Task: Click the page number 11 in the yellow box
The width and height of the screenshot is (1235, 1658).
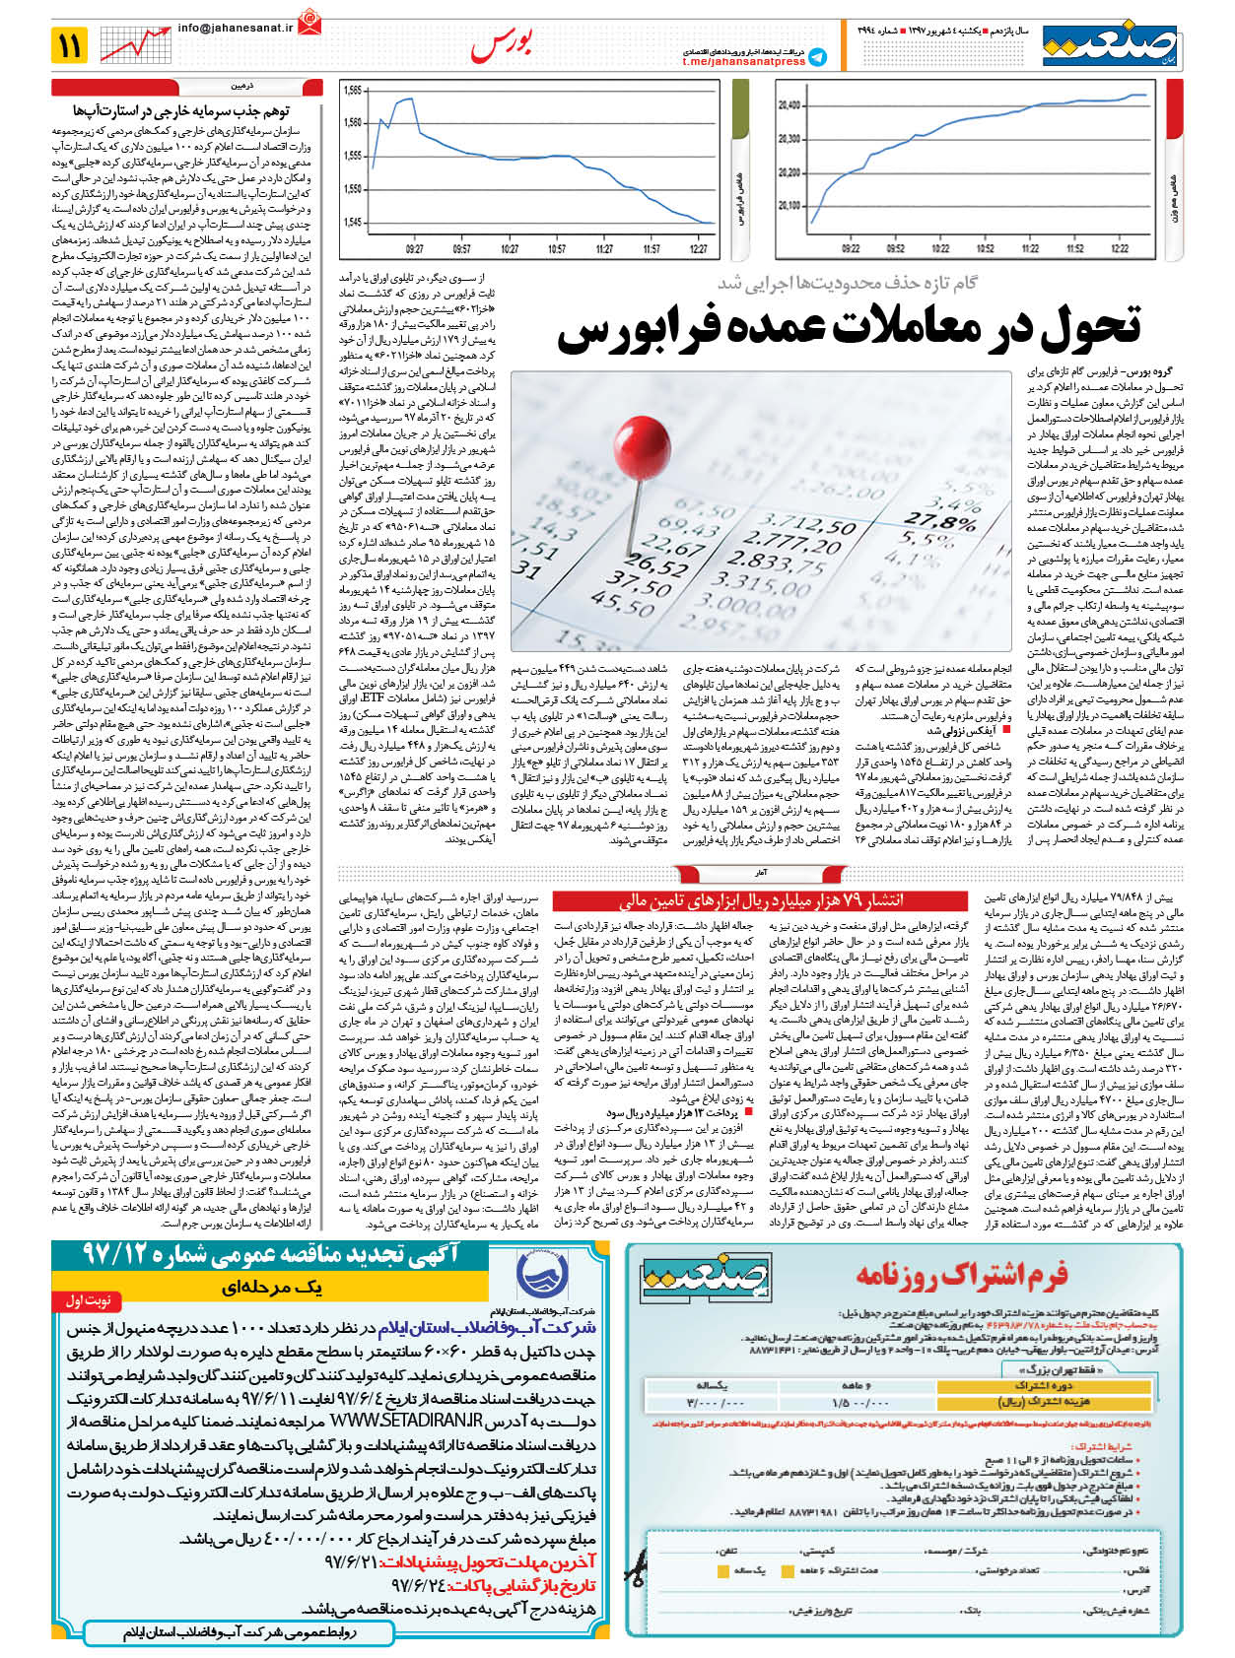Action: click(70, 45)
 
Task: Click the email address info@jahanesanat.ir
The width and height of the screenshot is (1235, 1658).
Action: click(235, 29)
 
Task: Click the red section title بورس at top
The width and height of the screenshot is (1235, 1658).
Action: click(502, 44)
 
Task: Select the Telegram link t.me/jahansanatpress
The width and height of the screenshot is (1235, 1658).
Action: click(744, 61)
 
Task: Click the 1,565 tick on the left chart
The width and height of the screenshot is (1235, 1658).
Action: click(353, 91)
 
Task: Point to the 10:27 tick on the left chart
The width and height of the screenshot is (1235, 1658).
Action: click(510, 249)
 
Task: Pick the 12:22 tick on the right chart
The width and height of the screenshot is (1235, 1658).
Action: click(1120, 248)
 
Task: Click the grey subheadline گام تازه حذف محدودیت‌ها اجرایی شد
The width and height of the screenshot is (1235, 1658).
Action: click(847, 283)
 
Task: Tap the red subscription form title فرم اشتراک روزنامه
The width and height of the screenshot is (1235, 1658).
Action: click(961, 1275)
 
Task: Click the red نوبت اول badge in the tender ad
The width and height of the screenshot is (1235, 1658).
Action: click(88, 1300)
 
